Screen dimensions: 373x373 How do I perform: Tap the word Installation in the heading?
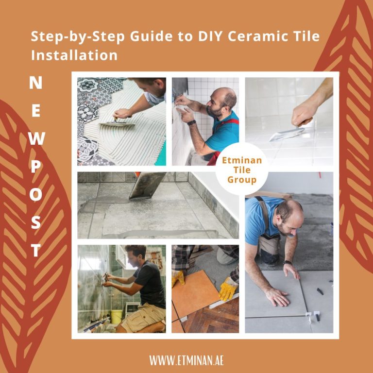pyautogui.click(x=74, y=55)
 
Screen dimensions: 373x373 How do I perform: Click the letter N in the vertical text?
pyautogui.click(x=35, y=83)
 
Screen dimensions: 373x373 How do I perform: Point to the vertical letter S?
pyautogui.click(x=35, y=223)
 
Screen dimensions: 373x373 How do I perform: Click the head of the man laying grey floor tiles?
pyautogui.click(x=290, y=213)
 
